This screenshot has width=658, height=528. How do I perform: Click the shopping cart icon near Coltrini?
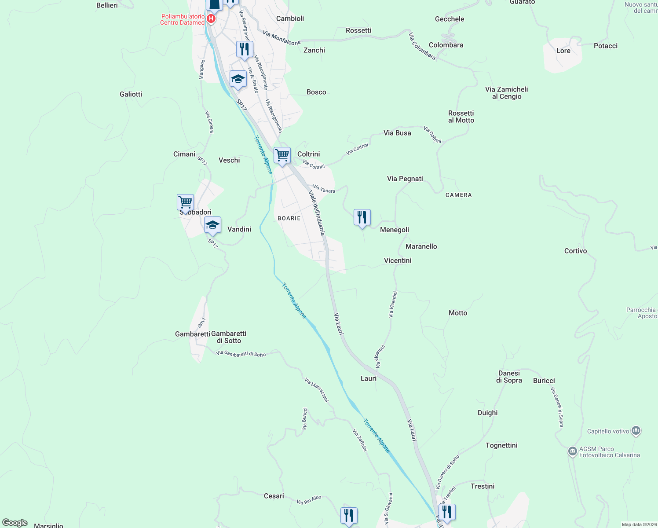click(282, 155)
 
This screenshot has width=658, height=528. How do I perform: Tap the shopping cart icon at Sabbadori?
click(185, 203)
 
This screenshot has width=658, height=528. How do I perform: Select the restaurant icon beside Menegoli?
click(362, 217)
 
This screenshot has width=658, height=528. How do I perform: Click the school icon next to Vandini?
click(212, 225)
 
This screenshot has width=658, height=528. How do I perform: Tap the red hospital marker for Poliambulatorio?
click(211, 18)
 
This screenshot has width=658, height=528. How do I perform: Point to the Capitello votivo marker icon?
click(636, 431)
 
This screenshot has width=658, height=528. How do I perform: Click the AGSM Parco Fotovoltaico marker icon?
click(572, 451)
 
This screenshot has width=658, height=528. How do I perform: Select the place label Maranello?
click(421, 246)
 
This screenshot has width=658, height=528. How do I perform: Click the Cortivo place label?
click(575, 251)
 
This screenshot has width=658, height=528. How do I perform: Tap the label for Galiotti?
click(131, 94)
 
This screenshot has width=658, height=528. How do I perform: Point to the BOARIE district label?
click(289, 218)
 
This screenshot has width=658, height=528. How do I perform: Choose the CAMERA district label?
click(458, 195)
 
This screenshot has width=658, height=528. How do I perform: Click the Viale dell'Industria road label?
click(317, 213)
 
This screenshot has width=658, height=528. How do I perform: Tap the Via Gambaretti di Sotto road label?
click(241, 353)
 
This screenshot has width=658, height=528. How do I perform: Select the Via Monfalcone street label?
click(281, 38)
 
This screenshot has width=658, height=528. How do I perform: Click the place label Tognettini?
click(501, 445)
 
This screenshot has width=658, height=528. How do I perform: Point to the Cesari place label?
click(274, 496)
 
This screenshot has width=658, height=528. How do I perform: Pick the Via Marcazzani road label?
click(317, 390)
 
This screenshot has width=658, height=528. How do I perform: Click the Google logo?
click(15, 522)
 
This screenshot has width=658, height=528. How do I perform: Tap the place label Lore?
click(563, 51)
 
